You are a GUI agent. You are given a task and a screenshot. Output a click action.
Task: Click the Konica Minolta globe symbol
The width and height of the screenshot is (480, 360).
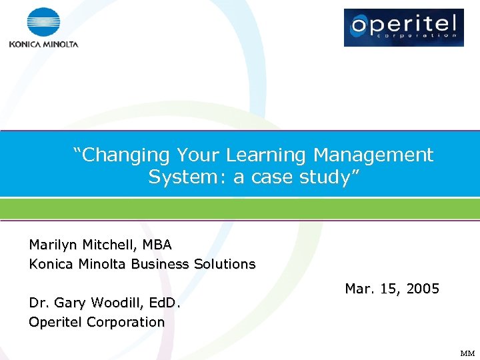click(43, 23)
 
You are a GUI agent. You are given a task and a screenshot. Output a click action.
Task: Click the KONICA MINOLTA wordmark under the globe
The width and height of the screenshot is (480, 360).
click(43, 45)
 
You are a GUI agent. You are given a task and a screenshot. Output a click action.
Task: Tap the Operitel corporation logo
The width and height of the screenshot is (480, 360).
click(403, 27)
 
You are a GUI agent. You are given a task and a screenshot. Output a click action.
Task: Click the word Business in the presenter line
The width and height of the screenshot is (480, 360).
click(160, 264)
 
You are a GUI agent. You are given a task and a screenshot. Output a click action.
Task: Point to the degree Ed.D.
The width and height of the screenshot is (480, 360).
click(164, 303)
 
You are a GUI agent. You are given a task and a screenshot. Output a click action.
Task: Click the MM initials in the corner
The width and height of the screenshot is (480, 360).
click(467, 353)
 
